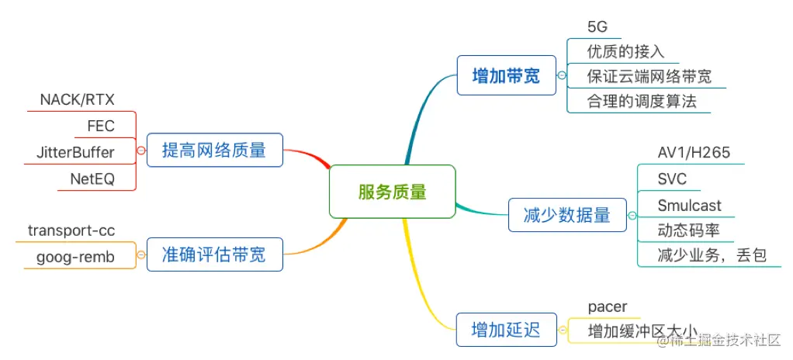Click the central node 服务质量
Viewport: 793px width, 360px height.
[x=392, y=191]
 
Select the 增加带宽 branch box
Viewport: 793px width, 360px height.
[x=506, y=75]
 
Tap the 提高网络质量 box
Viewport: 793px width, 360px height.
[x=214, y=150]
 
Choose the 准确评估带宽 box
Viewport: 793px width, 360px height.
[x=213, y=254]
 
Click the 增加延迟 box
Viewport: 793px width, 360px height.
[x=506, y=329]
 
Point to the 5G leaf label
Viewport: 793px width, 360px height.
[x=597, y=26]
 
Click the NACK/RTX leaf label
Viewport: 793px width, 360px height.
[x=77, y=100]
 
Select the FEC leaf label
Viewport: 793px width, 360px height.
[x=101, y=126]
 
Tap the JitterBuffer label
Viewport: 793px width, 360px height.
[x=75, y=151]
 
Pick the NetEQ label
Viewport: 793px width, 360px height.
[x=92, y=178]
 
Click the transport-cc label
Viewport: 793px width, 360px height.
[x=71, y=230]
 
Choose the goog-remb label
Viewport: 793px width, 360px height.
[x=75, y=257]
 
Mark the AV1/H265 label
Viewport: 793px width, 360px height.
[x=694, y=152]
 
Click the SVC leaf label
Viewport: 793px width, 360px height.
[x=672, y=178]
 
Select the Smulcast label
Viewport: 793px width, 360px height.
[x=689, y=205]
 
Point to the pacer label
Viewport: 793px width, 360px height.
[x=608, y=307]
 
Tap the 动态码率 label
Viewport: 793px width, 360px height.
[x=687, y=230]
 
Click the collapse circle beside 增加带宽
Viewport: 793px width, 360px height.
[x=562, y=75]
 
